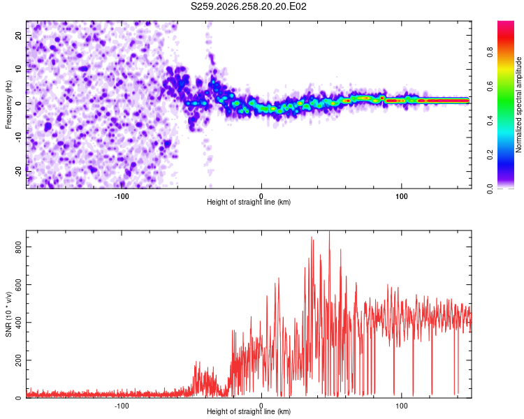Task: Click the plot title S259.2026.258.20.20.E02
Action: click(248, 6)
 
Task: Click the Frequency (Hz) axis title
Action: click(8, 105)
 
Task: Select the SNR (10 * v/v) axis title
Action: click(8, 314)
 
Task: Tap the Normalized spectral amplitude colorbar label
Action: click(518, 105)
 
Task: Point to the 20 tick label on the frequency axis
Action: click(18, 36)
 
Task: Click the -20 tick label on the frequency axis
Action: click(18, 171)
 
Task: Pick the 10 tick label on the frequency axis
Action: click(18, 70)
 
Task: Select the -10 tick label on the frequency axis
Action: click(18, 138)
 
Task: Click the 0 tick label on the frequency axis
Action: click(18, 103)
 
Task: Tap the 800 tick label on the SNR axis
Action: click(18, 247)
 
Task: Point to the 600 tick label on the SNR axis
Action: click(18, 285)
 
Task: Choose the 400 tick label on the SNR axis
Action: click(18, 323)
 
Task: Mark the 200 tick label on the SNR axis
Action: click(18, 360)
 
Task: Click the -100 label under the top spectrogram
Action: click(122, 196)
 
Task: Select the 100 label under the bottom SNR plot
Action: click(401, 406)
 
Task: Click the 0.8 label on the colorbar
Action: click(490, 52)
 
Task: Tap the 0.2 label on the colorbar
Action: click(490, 155)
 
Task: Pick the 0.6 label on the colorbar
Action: click(490, 86)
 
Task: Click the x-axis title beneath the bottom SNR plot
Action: click(249, 411)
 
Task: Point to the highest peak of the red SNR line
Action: click(330, 231)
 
